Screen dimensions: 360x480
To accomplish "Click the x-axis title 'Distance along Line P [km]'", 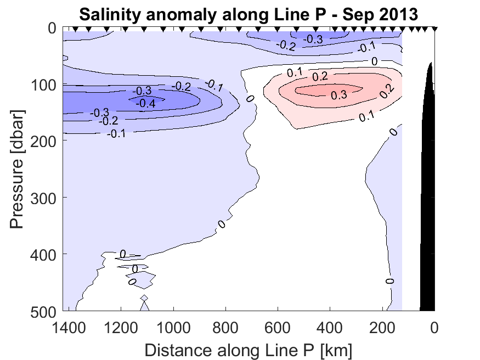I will tap(248, 350).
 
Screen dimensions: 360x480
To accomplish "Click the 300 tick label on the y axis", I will tap(41, 198).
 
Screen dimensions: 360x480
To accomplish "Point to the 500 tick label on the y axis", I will tap(41, 311).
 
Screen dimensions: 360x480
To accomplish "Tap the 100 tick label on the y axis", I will tap(41, 85).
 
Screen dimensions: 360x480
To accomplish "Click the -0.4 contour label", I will tap(145, 103).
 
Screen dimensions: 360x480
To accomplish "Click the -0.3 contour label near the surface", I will tap(314, 39).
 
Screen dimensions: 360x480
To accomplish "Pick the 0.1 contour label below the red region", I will tap(367, 116).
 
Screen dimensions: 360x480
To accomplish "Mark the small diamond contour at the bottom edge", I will tap(144, 298).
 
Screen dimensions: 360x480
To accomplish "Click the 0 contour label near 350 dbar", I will tap(222, 224).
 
